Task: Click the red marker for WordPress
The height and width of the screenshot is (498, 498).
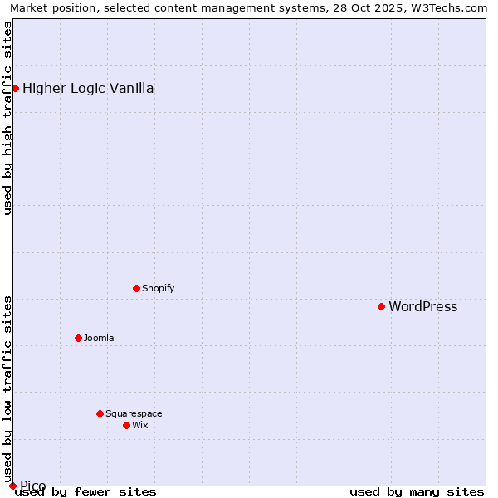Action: [381, 307]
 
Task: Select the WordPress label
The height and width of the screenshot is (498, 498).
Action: [422, 307]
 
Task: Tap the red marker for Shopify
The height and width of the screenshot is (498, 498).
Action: [136, 288]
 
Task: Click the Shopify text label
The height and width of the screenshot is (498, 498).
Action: [158, 289]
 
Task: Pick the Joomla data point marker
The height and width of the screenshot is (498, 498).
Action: [78, 338]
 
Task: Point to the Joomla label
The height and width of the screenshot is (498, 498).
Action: [99, 339]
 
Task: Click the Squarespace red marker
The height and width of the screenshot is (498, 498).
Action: [100, 413]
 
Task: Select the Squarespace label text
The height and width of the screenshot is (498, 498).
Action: [134, 414]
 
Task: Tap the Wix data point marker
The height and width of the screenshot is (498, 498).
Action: [126, 425]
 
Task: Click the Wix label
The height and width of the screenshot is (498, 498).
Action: [139, 426]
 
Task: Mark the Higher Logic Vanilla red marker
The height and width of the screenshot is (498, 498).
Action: [15, 88]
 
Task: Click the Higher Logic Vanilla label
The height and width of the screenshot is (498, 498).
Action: [88, 89]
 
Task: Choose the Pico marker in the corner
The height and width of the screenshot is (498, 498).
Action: [12, 486]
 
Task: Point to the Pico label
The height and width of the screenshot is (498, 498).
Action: [33, 486]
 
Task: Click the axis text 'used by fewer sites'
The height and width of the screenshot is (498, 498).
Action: [85, 492]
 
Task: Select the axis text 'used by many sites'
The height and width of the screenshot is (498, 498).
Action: [417, 492]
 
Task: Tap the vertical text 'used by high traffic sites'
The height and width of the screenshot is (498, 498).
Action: [7, 118]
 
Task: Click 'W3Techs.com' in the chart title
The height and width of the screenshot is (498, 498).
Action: [453, 7]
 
